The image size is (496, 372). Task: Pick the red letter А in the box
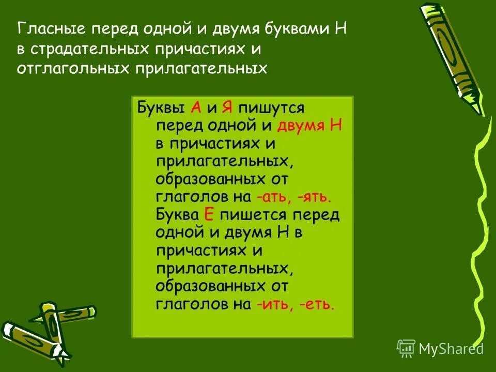(x=196, y=107)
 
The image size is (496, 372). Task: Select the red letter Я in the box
(x=226, y=107)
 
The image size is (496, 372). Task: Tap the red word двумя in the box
(x=300, y=126)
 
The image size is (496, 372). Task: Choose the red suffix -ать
(x=274, y=196)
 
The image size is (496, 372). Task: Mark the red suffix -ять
(x=314, y=196)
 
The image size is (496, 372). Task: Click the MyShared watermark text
(x=451, y=349)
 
